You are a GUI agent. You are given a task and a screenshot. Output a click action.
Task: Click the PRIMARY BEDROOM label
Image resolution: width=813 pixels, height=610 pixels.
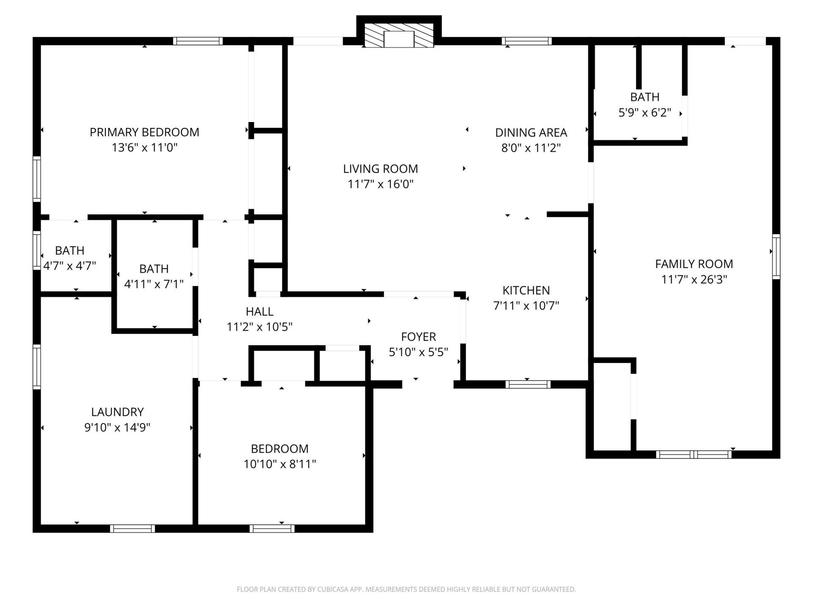[144, 132]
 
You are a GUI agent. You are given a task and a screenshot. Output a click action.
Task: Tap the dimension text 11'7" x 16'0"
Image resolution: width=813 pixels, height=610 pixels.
[380, 184]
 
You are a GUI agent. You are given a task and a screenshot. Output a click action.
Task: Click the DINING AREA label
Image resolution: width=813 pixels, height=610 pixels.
[531, 133]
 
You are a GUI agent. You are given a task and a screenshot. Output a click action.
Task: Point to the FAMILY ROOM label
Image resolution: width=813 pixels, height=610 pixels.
[694, 264]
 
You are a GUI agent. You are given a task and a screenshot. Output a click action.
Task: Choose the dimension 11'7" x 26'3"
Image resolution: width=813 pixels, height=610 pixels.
[694, 280]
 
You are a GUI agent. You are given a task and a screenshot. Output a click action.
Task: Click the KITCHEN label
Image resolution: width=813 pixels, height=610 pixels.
[526, 290]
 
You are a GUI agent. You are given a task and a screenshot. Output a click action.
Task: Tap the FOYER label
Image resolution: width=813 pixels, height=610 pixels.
[418, 337]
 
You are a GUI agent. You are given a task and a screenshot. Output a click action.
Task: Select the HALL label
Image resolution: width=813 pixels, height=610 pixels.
[260, 311]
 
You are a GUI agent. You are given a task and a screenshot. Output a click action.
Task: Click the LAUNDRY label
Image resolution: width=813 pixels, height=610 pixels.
[117, 412]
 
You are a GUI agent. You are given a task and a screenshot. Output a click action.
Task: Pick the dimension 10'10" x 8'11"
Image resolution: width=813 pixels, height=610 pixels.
[279, 464]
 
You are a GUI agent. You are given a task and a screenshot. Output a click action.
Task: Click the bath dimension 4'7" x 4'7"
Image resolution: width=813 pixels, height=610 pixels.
[70, 266]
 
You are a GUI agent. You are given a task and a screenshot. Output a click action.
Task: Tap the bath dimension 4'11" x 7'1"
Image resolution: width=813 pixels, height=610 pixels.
[154, 284]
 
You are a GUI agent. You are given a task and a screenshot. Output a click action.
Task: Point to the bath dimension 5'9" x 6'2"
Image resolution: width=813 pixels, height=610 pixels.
[644, 113]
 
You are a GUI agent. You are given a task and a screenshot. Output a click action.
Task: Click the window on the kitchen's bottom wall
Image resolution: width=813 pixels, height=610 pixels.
[528, 385]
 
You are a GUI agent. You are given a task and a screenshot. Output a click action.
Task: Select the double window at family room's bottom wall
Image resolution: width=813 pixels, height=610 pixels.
[694, 455]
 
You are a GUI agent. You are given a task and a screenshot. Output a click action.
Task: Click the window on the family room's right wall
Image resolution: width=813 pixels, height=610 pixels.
[776, 256]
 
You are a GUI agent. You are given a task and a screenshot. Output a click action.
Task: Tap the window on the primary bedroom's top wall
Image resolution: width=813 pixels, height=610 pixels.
[198, 41]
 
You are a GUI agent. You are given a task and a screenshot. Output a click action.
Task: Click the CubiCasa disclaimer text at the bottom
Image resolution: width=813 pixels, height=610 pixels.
[406, 589]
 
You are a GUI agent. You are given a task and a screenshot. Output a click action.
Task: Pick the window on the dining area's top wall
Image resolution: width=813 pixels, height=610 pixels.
[526, 41]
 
